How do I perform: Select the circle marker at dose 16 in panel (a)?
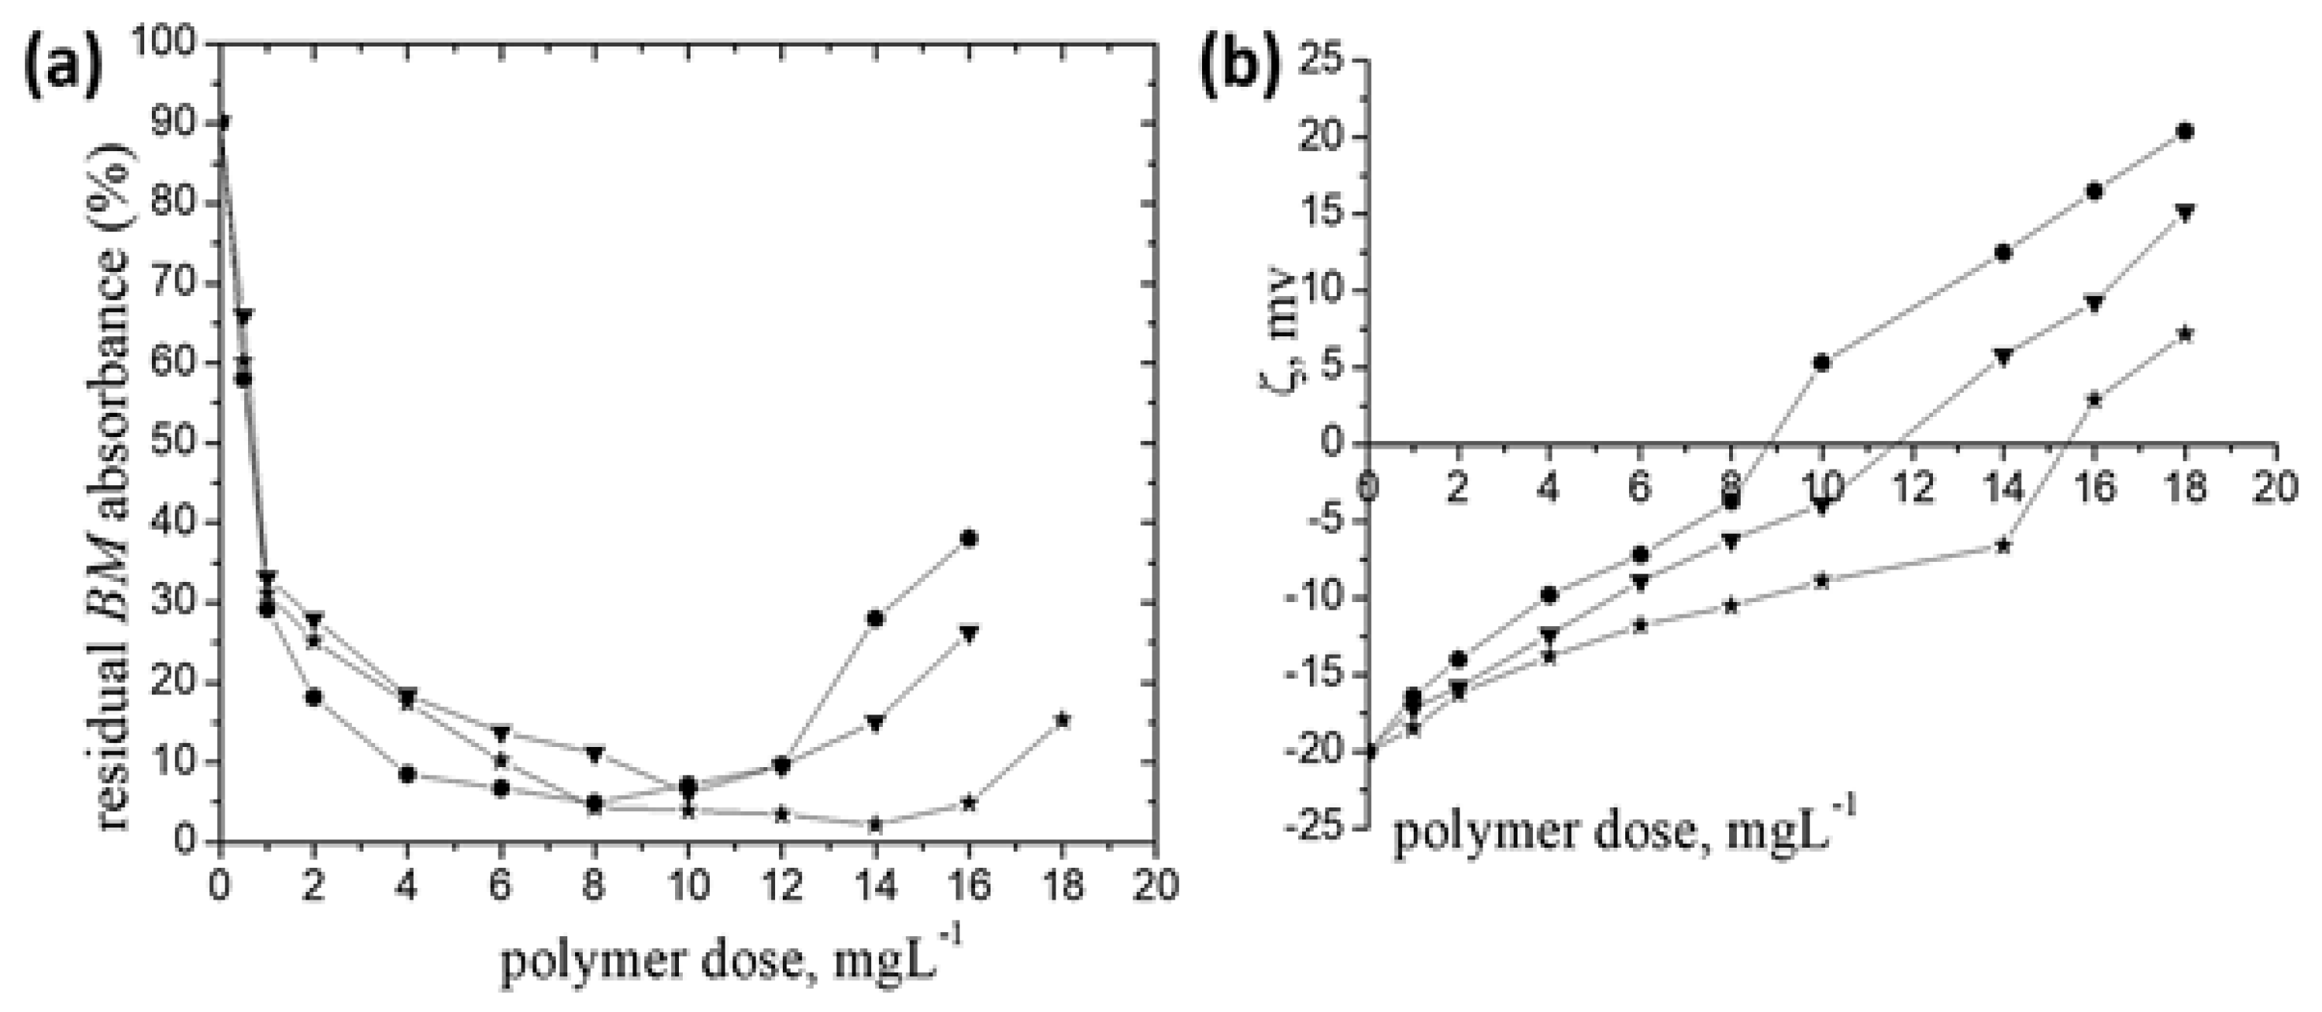coord(969,539)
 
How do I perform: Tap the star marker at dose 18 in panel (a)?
coord(1063,719)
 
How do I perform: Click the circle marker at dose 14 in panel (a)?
coord(874,618)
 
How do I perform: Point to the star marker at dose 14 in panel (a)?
coord(874,824)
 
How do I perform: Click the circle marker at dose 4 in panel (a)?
coord(408,774)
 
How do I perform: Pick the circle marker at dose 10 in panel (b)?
coord(1821,363)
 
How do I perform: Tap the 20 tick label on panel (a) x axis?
coord(1156,886)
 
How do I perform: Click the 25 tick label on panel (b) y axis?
coord(1320,61)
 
